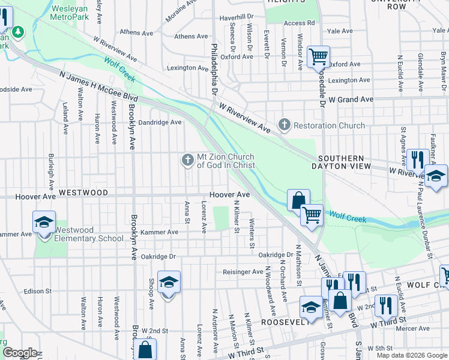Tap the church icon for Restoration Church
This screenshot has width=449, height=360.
point(284,125)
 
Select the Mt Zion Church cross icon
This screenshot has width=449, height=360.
point(187,160)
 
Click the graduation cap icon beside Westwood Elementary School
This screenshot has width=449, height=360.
point(44,223)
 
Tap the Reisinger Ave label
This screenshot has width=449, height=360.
point(243,272)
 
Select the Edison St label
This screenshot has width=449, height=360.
point(38,291)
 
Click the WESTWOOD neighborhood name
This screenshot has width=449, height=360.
point(83,193)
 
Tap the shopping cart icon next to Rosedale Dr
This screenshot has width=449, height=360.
point(318,57)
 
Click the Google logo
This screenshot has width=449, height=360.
point(19,353)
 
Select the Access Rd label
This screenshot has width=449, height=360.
point(299,23)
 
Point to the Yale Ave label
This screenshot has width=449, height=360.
point(340,31)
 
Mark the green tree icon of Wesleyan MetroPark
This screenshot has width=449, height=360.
point(19,31)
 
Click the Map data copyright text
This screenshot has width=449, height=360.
point(412,355)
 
